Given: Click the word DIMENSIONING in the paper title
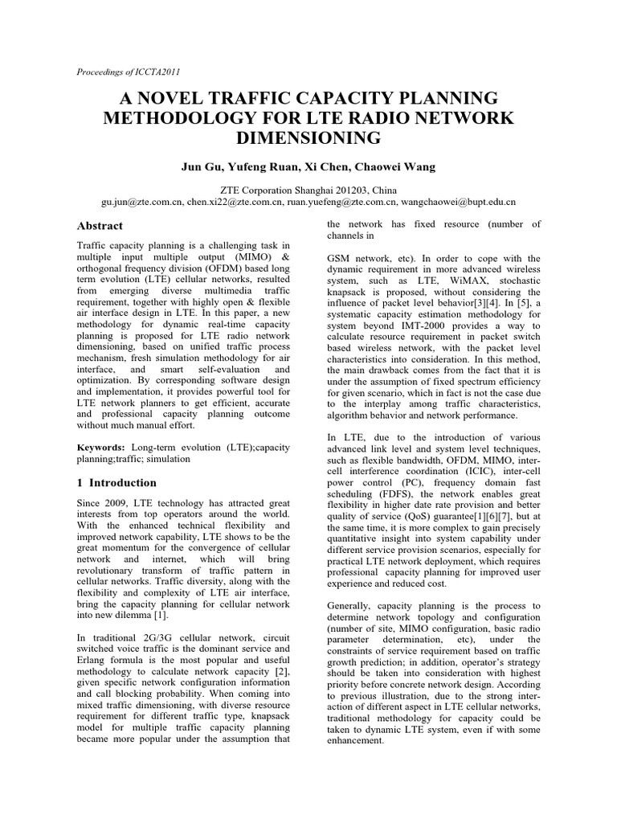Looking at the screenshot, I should [x=308, y=139].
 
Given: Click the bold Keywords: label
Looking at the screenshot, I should [x=100, y=446].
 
